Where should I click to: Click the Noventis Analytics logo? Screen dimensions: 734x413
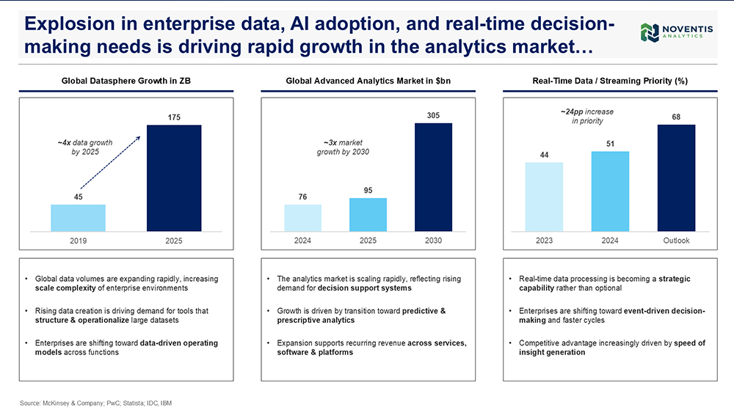click(x=677, y=32)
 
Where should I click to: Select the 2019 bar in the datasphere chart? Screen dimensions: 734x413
click(x=79, y=218)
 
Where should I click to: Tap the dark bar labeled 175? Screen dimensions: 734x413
click(x=174, y=178)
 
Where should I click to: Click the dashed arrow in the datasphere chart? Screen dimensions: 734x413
click(x=111, y=162)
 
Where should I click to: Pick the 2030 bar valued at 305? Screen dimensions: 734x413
click(x=434, y=178)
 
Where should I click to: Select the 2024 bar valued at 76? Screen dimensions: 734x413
click(x=303, y=218)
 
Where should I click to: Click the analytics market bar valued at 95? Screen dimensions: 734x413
click(x=368, y=215)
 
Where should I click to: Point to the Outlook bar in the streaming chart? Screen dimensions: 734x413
click(x=677, y=178)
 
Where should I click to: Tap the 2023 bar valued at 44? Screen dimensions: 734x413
click(x=544, y=197)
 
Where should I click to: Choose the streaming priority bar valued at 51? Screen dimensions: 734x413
click(x=610, y=191)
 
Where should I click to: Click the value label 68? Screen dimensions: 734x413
click(x=677, y=117)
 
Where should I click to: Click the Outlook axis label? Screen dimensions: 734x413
click(x=677, y=241)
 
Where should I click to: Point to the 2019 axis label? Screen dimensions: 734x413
click(x=79, y=241)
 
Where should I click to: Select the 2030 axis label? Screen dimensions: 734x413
click(x=434, y=241)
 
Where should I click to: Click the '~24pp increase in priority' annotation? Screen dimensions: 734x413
click(x=587, y=116)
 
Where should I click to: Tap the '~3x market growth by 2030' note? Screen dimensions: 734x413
click(x=343, y=147)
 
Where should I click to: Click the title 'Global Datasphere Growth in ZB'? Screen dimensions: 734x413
click(x=126, y=81)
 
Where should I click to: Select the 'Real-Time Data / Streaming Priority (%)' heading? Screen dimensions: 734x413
click(x=610, y=81)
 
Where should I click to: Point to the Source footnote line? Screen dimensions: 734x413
click(x=95, y=403)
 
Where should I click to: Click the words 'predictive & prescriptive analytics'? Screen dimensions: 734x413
click(x=361, y=315)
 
